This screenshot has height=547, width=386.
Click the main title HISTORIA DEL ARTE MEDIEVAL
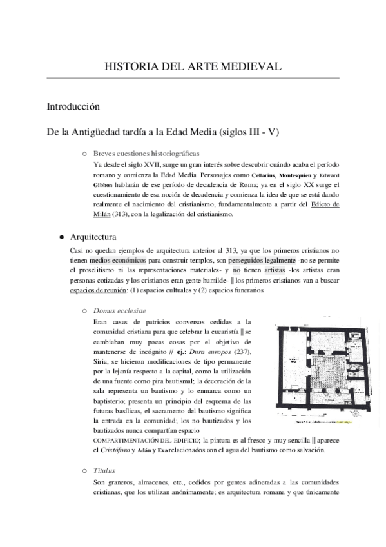click(x=193, y=66)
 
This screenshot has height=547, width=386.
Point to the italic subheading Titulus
click(x=104, y=472)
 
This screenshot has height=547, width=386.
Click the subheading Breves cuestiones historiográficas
click(x=146, y=154)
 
